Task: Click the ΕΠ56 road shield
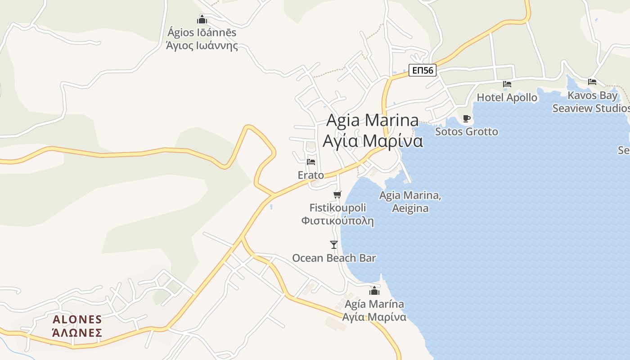423,70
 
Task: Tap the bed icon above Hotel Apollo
507,84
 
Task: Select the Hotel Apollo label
507,97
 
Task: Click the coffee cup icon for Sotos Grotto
467,118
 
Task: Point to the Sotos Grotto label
466,131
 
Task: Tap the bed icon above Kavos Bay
592,81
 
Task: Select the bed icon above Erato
311,162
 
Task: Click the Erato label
310,175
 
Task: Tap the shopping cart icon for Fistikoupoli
337,194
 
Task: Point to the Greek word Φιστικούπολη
337,221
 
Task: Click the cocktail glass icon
333,244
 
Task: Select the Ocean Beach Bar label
334,258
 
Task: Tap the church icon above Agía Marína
374,291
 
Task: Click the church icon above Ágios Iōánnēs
202,19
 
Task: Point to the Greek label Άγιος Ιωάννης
202,45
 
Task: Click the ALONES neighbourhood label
77,319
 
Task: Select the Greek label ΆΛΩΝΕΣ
77,333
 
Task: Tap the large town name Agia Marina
372,121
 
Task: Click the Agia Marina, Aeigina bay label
410,202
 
